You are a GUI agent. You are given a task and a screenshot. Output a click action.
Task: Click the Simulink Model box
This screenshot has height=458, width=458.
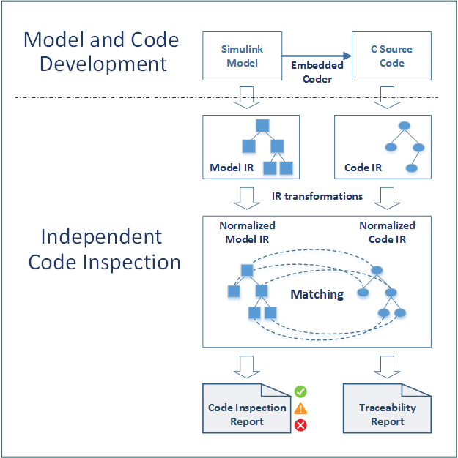tap(242, 56)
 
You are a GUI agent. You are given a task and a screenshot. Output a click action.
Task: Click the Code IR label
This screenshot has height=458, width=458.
tap(363, 168)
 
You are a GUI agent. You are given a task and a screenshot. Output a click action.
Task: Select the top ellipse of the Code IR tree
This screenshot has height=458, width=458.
tap(404, 126)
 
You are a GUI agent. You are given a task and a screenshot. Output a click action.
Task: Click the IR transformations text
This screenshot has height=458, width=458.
tap(317, 196)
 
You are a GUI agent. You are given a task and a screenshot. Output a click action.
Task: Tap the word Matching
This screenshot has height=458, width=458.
tap(317, 294)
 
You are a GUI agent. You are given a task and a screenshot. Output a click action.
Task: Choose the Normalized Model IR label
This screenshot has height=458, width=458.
tap(247, 232)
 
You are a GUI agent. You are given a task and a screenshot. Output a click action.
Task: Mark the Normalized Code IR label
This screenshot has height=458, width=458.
tap(387, 232)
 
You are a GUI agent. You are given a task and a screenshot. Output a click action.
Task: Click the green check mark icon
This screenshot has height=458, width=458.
tap(300, 391)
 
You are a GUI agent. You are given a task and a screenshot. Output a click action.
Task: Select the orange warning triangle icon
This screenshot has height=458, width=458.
tap(300, 409)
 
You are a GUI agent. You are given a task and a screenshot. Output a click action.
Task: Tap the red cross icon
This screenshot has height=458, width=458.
tap(300, 426)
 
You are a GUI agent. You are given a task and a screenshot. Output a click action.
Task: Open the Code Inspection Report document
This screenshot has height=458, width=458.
tap(247, 414)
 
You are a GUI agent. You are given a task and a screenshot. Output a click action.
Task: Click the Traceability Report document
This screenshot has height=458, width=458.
tap(387, 414)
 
